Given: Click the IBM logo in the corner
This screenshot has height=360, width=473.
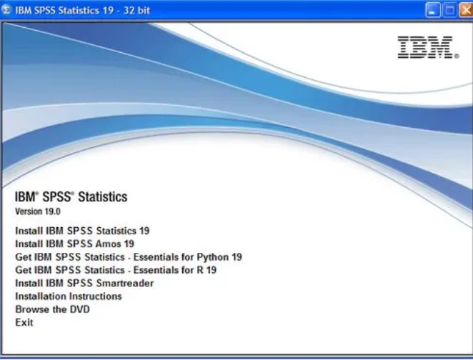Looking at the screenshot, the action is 428,47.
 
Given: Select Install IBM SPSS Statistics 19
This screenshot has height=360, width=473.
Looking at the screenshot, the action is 82,231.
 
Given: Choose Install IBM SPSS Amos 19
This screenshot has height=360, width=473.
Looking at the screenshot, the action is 75,244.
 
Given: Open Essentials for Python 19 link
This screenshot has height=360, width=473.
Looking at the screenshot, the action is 129,257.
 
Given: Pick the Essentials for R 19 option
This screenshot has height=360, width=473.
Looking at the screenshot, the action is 116,270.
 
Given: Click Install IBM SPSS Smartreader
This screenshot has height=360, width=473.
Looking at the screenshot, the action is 84,283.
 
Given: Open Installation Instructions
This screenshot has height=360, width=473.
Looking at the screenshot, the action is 69,296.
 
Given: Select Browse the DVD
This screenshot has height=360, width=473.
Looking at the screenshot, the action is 52,309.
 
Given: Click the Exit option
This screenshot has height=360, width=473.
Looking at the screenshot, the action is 24,322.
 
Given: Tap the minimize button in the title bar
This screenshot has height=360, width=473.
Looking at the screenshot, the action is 432,10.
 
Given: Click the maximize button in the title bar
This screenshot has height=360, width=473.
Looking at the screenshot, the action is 449,10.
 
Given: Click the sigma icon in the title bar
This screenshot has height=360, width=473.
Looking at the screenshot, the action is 6,10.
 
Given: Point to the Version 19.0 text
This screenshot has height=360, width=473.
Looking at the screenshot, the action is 38,211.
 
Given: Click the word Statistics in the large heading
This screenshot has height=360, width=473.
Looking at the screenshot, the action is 103,197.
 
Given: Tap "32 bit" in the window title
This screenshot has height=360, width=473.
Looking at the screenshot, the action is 136,10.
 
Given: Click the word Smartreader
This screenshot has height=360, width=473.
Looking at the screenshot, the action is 125,283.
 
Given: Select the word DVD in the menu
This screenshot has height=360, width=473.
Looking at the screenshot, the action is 80,309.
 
